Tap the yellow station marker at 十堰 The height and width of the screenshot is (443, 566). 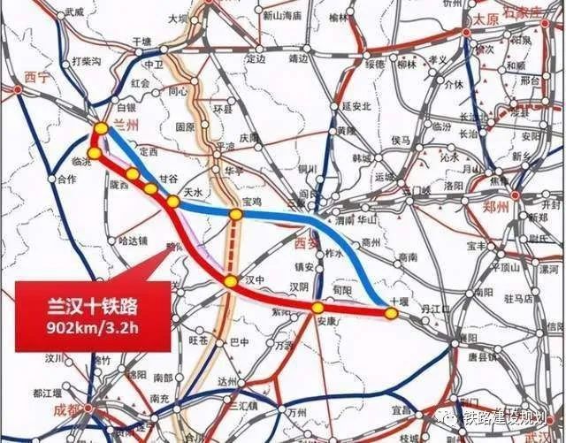click(x=390, y=313)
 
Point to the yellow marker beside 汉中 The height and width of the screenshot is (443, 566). click(x=230, y=281)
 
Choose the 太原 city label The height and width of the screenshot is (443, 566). click(x=486, y=19)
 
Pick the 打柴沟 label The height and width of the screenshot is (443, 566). click(x=87, y=60)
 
